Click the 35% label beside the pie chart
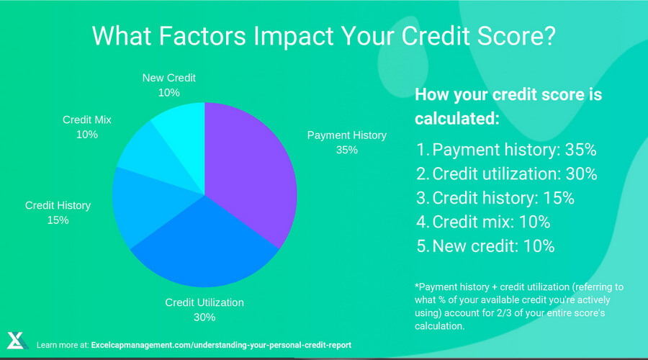pos(346,150)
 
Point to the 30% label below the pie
pos(204,317)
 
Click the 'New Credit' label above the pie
pos(168,78)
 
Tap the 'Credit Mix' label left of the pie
pos(87,120)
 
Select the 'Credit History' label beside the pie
pos(58,205)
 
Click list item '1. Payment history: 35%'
pos(505,150)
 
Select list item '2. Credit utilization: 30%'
pos(507,174)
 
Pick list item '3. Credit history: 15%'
pos(495,198)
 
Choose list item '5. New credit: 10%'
pos(485,246)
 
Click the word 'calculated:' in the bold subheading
pos(456,118)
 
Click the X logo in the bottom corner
pos(17,341)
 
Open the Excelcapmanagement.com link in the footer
pos(222,345)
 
